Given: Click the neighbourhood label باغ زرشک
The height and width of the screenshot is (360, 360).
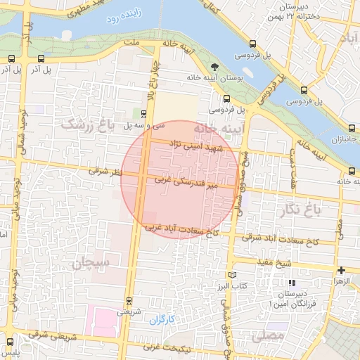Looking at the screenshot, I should (x=87, y=124).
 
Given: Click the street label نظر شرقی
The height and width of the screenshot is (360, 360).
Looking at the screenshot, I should (x=106, y=171).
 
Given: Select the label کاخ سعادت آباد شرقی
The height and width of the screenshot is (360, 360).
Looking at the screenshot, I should (x=281, y=240).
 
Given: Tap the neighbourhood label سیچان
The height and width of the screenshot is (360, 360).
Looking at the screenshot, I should (x=91, y=263).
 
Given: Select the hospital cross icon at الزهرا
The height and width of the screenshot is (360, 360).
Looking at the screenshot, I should (x=341, y=270).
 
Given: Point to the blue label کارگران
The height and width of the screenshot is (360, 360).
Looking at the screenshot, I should (x=160, y=320).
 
